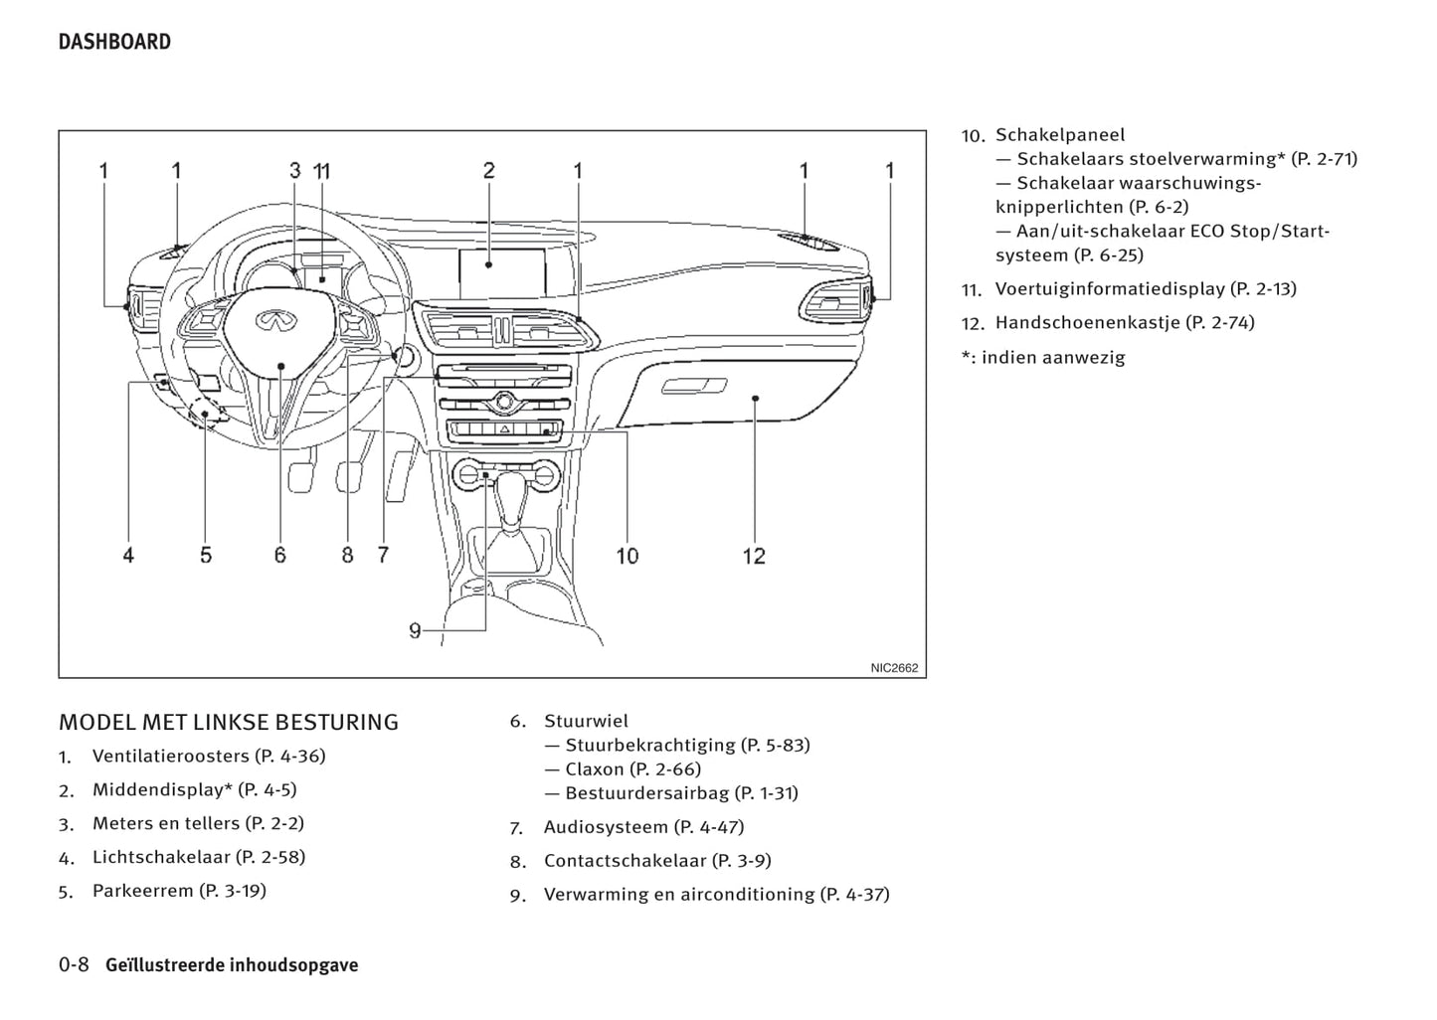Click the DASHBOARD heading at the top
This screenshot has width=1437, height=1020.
click(x=114, y=42)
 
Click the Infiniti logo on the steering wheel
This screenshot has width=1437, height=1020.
click(x=270, y=320)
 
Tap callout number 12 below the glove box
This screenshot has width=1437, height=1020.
click(x=754, y=556)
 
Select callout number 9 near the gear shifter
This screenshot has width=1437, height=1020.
click(x=415, y=630)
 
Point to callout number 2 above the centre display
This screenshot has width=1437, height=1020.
click(x=488, y=171)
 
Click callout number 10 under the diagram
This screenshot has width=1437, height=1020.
click(x=627, y=556)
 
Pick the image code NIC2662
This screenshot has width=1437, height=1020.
click(x=894, y=668)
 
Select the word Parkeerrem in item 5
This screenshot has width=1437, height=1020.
click(x=142, y=891)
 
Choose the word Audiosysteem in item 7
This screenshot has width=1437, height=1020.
click(x=606, y=827)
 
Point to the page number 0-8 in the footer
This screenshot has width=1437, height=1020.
click(x=74, y=964)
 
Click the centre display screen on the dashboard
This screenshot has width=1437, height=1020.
click(x=502, y=272)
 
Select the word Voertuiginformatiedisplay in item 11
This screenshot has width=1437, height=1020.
click(x=1110, y=288)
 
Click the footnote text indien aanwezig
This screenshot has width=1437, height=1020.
click(x=1053, y=357)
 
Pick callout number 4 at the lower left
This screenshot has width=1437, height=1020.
click(x=128, y=556)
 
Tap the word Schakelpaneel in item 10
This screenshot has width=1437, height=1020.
click(x=1060, y=134)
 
